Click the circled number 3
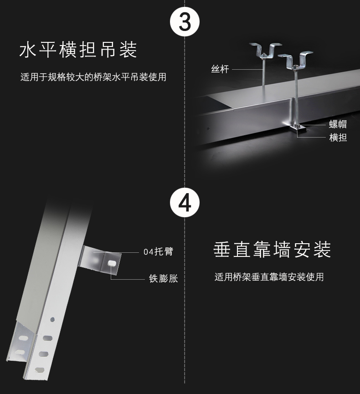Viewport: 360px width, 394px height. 184,22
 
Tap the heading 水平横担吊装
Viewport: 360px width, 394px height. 78,50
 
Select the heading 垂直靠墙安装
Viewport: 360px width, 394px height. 272,250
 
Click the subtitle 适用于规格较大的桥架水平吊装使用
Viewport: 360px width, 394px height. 93,77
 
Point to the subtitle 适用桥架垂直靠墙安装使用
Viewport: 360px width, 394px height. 269,277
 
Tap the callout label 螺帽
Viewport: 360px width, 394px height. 338,124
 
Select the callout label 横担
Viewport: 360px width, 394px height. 338,138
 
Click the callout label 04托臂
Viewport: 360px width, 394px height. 158,252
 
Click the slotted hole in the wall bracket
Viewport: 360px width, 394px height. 112,262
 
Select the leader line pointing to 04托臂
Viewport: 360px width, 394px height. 130,252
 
